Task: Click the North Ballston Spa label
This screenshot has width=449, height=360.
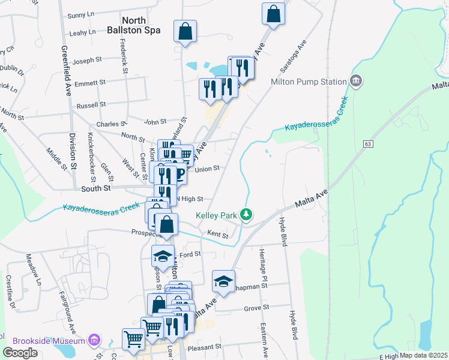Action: coord(134,23)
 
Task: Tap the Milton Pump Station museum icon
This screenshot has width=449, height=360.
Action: coord(356,80)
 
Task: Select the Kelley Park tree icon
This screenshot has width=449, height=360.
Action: coord(245,214)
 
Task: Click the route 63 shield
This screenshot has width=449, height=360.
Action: coord(367,144)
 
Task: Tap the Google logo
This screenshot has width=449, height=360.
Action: coord(20,353)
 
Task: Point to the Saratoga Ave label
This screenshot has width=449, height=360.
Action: coord(294,54)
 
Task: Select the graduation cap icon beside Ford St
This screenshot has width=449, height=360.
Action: coord(162,256)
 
